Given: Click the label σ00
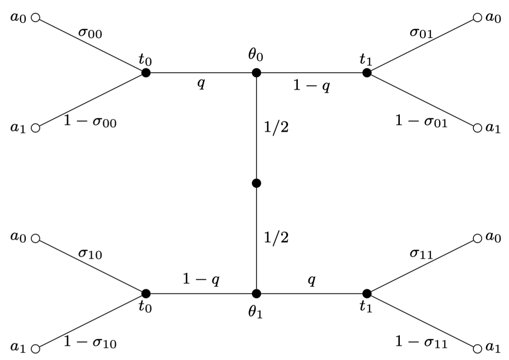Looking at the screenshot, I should click(90, 33).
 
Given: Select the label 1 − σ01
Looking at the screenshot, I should click(421, 122).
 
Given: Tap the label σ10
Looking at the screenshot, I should click(90, 254).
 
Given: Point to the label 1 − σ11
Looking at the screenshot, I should click(421, 342).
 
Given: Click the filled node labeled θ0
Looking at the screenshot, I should click(256, 73).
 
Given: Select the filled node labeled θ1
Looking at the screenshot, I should click(256, 293).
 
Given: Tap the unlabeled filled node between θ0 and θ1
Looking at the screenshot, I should click(256, 183).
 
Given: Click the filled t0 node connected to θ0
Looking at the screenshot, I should click(146, 73).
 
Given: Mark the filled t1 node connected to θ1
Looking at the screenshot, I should click(367, 293).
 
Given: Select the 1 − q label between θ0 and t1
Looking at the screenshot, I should click(311, 86).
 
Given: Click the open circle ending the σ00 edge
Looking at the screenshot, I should click(36, 18).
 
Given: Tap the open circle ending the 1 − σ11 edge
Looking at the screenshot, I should click(477, 349).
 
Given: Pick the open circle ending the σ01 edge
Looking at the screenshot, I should click(477, 18).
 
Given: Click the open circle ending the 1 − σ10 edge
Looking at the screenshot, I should click(36, 349).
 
